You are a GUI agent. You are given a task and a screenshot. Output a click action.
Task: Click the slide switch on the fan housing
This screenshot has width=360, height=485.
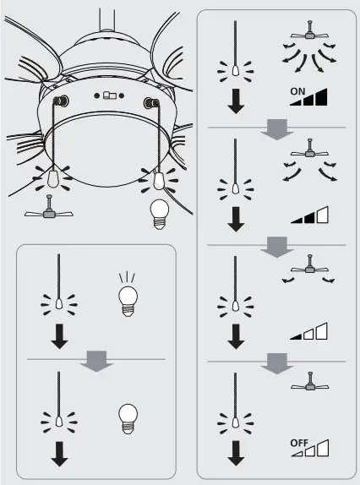(109, 96)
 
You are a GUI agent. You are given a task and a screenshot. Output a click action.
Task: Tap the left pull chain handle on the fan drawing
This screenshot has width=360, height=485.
(52, 180)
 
